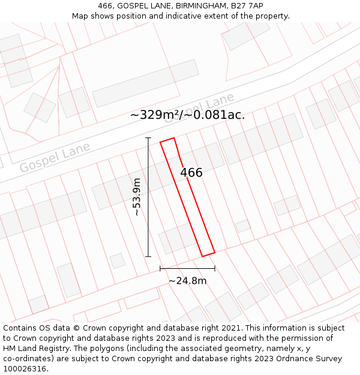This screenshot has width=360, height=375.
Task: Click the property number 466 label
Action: (191, 173)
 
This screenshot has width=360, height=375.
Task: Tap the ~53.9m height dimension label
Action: (137, 197)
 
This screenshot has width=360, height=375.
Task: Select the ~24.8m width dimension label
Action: (187, 281)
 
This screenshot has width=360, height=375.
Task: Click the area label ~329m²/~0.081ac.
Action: (187, 115)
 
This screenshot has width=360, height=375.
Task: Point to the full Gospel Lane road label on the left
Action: (55, 157)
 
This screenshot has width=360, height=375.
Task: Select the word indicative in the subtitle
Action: (178, 16)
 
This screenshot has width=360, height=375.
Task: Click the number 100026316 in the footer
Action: (25, 369)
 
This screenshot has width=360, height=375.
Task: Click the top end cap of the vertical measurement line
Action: (148, 138)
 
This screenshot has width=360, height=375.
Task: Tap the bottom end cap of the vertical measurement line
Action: (148, 257)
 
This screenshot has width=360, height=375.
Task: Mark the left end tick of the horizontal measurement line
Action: (160, 269)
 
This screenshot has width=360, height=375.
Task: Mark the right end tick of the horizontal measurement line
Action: (215, 269)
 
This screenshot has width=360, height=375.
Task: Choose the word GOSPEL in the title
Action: (134, 5)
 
